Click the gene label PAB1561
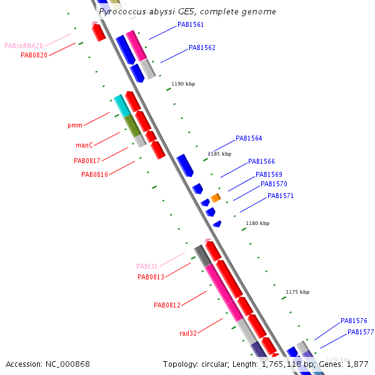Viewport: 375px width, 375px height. (190, 25)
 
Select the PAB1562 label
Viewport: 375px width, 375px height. (202, 47)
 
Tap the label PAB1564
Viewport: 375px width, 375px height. (249, 139)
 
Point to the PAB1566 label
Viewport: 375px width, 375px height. (261, 161)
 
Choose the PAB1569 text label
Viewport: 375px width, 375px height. (269, 174)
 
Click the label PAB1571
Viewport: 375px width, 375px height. (281, 196)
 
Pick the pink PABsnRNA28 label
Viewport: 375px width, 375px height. (24, 46)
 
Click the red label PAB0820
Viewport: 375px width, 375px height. (34, 55)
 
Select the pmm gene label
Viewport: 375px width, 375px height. (75, 126)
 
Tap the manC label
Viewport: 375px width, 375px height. (84, 145)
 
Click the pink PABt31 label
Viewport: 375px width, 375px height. (151, 266)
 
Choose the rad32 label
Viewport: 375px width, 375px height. (188, 333)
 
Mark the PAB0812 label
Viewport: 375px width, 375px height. (167, 305)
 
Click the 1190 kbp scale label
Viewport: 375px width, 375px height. (182, 84)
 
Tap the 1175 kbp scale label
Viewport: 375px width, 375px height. (297, 292)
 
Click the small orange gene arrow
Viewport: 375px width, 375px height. (216, 198)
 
